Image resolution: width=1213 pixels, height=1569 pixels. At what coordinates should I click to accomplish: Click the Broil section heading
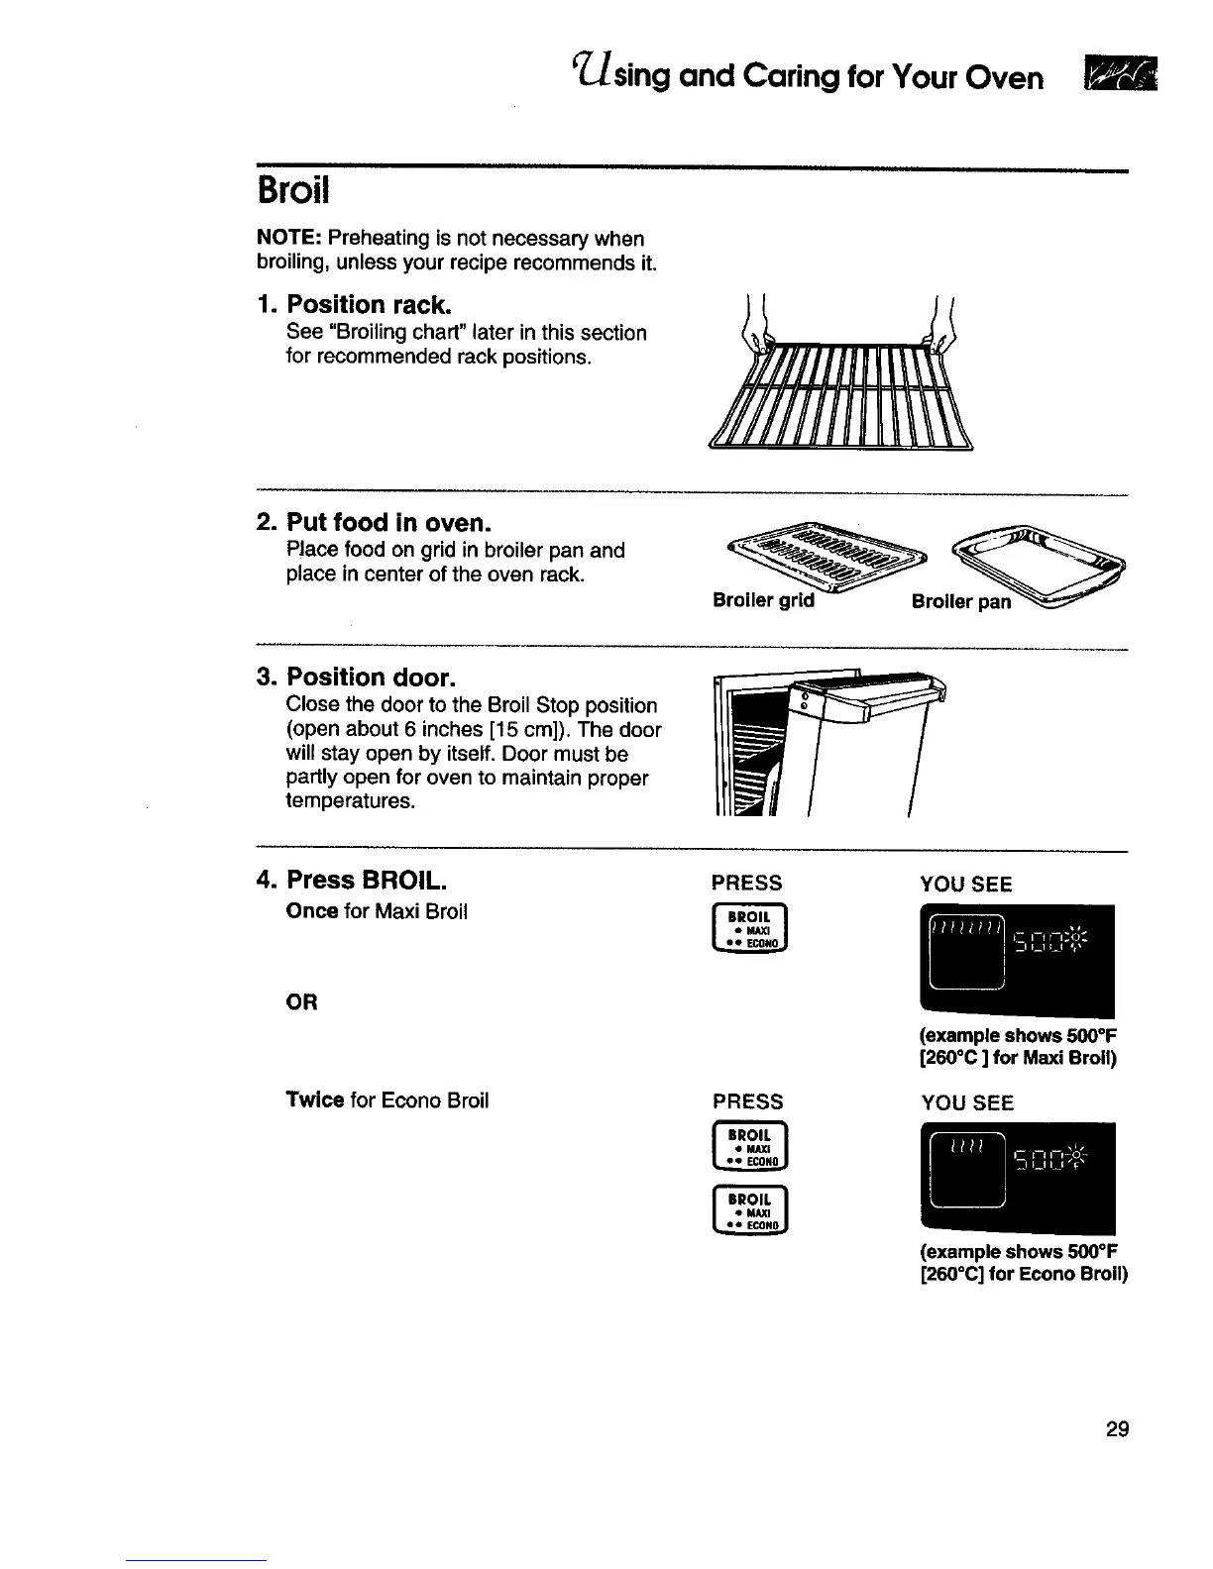[292, 191]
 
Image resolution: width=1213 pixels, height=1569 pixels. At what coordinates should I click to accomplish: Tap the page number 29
[1117, 1429]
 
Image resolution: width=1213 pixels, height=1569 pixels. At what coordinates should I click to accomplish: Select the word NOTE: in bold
[288, 239]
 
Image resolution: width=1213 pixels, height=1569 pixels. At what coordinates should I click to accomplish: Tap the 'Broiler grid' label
[763, 600]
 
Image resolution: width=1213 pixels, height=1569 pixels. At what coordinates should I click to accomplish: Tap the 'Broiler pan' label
[961, 602]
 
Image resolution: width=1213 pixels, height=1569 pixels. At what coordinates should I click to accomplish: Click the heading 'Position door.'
[371, 678]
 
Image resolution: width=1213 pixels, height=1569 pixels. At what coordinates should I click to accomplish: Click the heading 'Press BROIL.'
[366, 880]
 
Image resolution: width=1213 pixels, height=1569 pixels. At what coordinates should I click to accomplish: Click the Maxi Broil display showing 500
[1017, 961]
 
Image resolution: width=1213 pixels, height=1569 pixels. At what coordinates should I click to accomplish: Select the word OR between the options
[301, 1002]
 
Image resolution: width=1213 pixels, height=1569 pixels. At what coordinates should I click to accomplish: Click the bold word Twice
[314, 1100]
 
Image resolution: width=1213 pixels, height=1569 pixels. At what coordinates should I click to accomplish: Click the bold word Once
[311, 910]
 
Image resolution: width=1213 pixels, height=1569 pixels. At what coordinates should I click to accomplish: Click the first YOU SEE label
[965, 885]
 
